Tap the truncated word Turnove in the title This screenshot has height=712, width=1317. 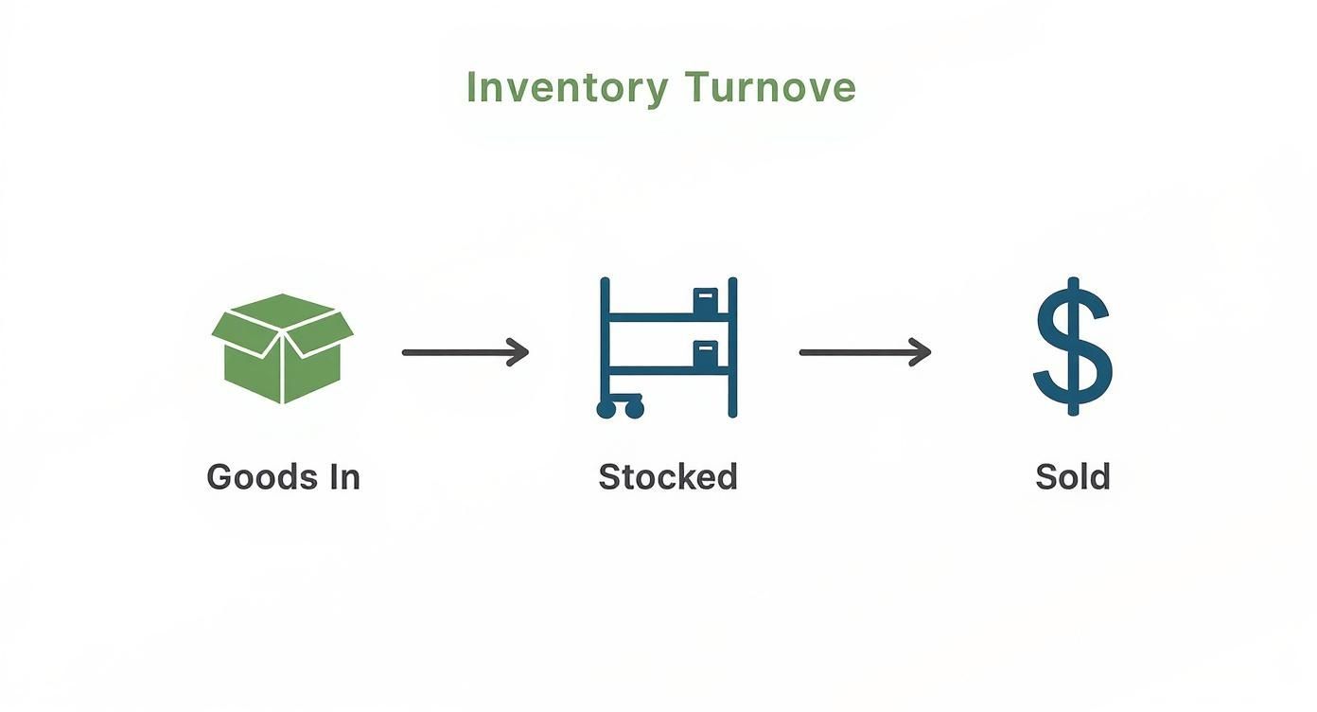pyautogui.click(x=770, y=88)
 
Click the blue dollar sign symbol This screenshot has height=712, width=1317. pyautogui.click(x=1072, y=347)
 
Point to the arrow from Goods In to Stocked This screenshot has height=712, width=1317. pyautogui.click(x=465, y=352)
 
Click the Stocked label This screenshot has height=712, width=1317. pyautogui.click(x=668, y=476)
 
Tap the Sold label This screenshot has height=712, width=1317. pyautogui.click(x=1073, y=476)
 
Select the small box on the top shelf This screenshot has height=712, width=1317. pyautogui.click(x=706, y=302)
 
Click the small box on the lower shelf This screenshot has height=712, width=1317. pyautogui.click(x=706, y=356)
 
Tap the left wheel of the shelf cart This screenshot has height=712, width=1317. pyautogui.click(x=606, y=409)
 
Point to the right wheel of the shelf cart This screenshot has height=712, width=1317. pyautogui.click(x=634, y=409)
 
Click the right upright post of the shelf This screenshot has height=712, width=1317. pyautogui.click(x=732, y=347)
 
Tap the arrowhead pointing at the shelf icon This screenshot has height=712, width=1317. pyautogui.click(x=519, y=352)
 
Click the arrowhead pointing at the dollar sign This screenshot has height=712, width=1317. pyautogui.click(x=922, y=352)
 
